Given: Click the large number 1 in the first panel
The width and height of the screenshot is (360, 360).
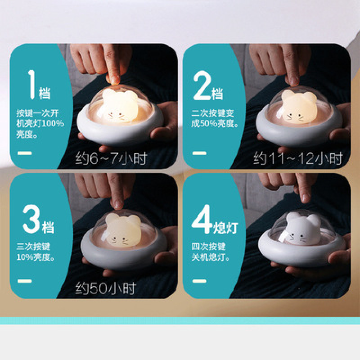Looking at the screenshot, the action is tap(31, 85).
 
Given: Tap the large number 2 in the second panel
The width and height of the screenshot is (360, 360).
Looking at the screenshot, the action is tap(202, 85).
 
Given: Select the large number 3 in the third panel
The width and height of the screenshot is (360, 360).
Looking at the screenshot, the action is tap(31, 219).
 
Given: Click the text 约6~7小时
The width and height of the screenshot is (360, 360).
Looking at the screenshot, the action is tap(111, 158).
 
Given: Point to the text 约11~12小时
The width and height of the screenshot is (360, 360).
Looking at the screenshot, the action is tap(298, 158).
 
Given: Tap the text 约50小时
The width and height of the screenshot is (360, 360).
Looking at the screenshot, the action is tap(106, 288).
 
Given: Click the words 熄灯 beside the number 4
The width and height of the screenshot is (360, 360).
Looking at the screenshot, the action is tap(226, 228).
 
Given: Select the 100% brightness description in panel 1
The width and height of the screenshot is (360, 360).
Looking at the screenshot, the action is tap(40, 123).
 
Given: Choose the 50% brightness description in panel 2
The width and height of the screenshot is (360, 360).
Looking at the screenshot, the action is tap(215, 118).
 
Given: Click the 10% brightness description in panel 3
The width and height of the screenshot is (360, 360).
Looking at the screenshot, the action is tap(36, 252).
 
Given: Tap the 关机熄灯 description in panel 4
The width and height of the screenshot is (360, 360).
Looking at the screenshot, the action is tap(210, 252).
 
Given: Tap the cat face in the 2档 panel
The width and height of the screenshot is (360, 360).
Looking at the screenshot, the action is tap(298, 107).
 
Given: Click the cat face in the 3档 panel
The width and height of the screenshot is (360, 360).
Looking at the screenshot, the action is tap(123, 230).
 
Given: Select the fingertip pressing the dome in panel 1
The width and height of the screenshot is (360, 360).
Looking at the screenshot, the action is tap(113, 80).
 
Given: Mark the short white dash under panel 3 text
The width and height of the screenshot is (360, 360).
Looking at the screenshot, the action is tap(25, 281).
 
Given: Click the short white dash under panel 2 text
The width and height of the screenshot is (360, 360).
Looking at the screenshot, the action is tap(199, 153).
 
